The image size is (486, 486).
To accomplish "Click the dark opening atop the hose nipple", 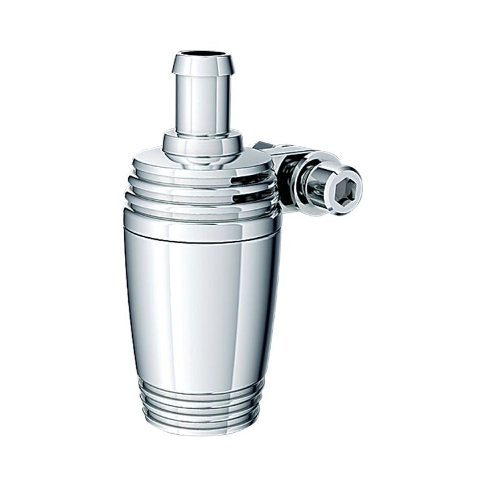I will point(203,54).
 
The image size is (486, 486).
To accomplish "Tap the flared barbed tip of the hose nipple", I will point(203,65).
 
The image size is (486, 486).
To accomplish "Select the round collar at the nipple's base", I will point(202,144).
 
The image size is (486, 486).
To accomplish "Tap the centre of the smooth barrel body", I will point(201,305).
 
